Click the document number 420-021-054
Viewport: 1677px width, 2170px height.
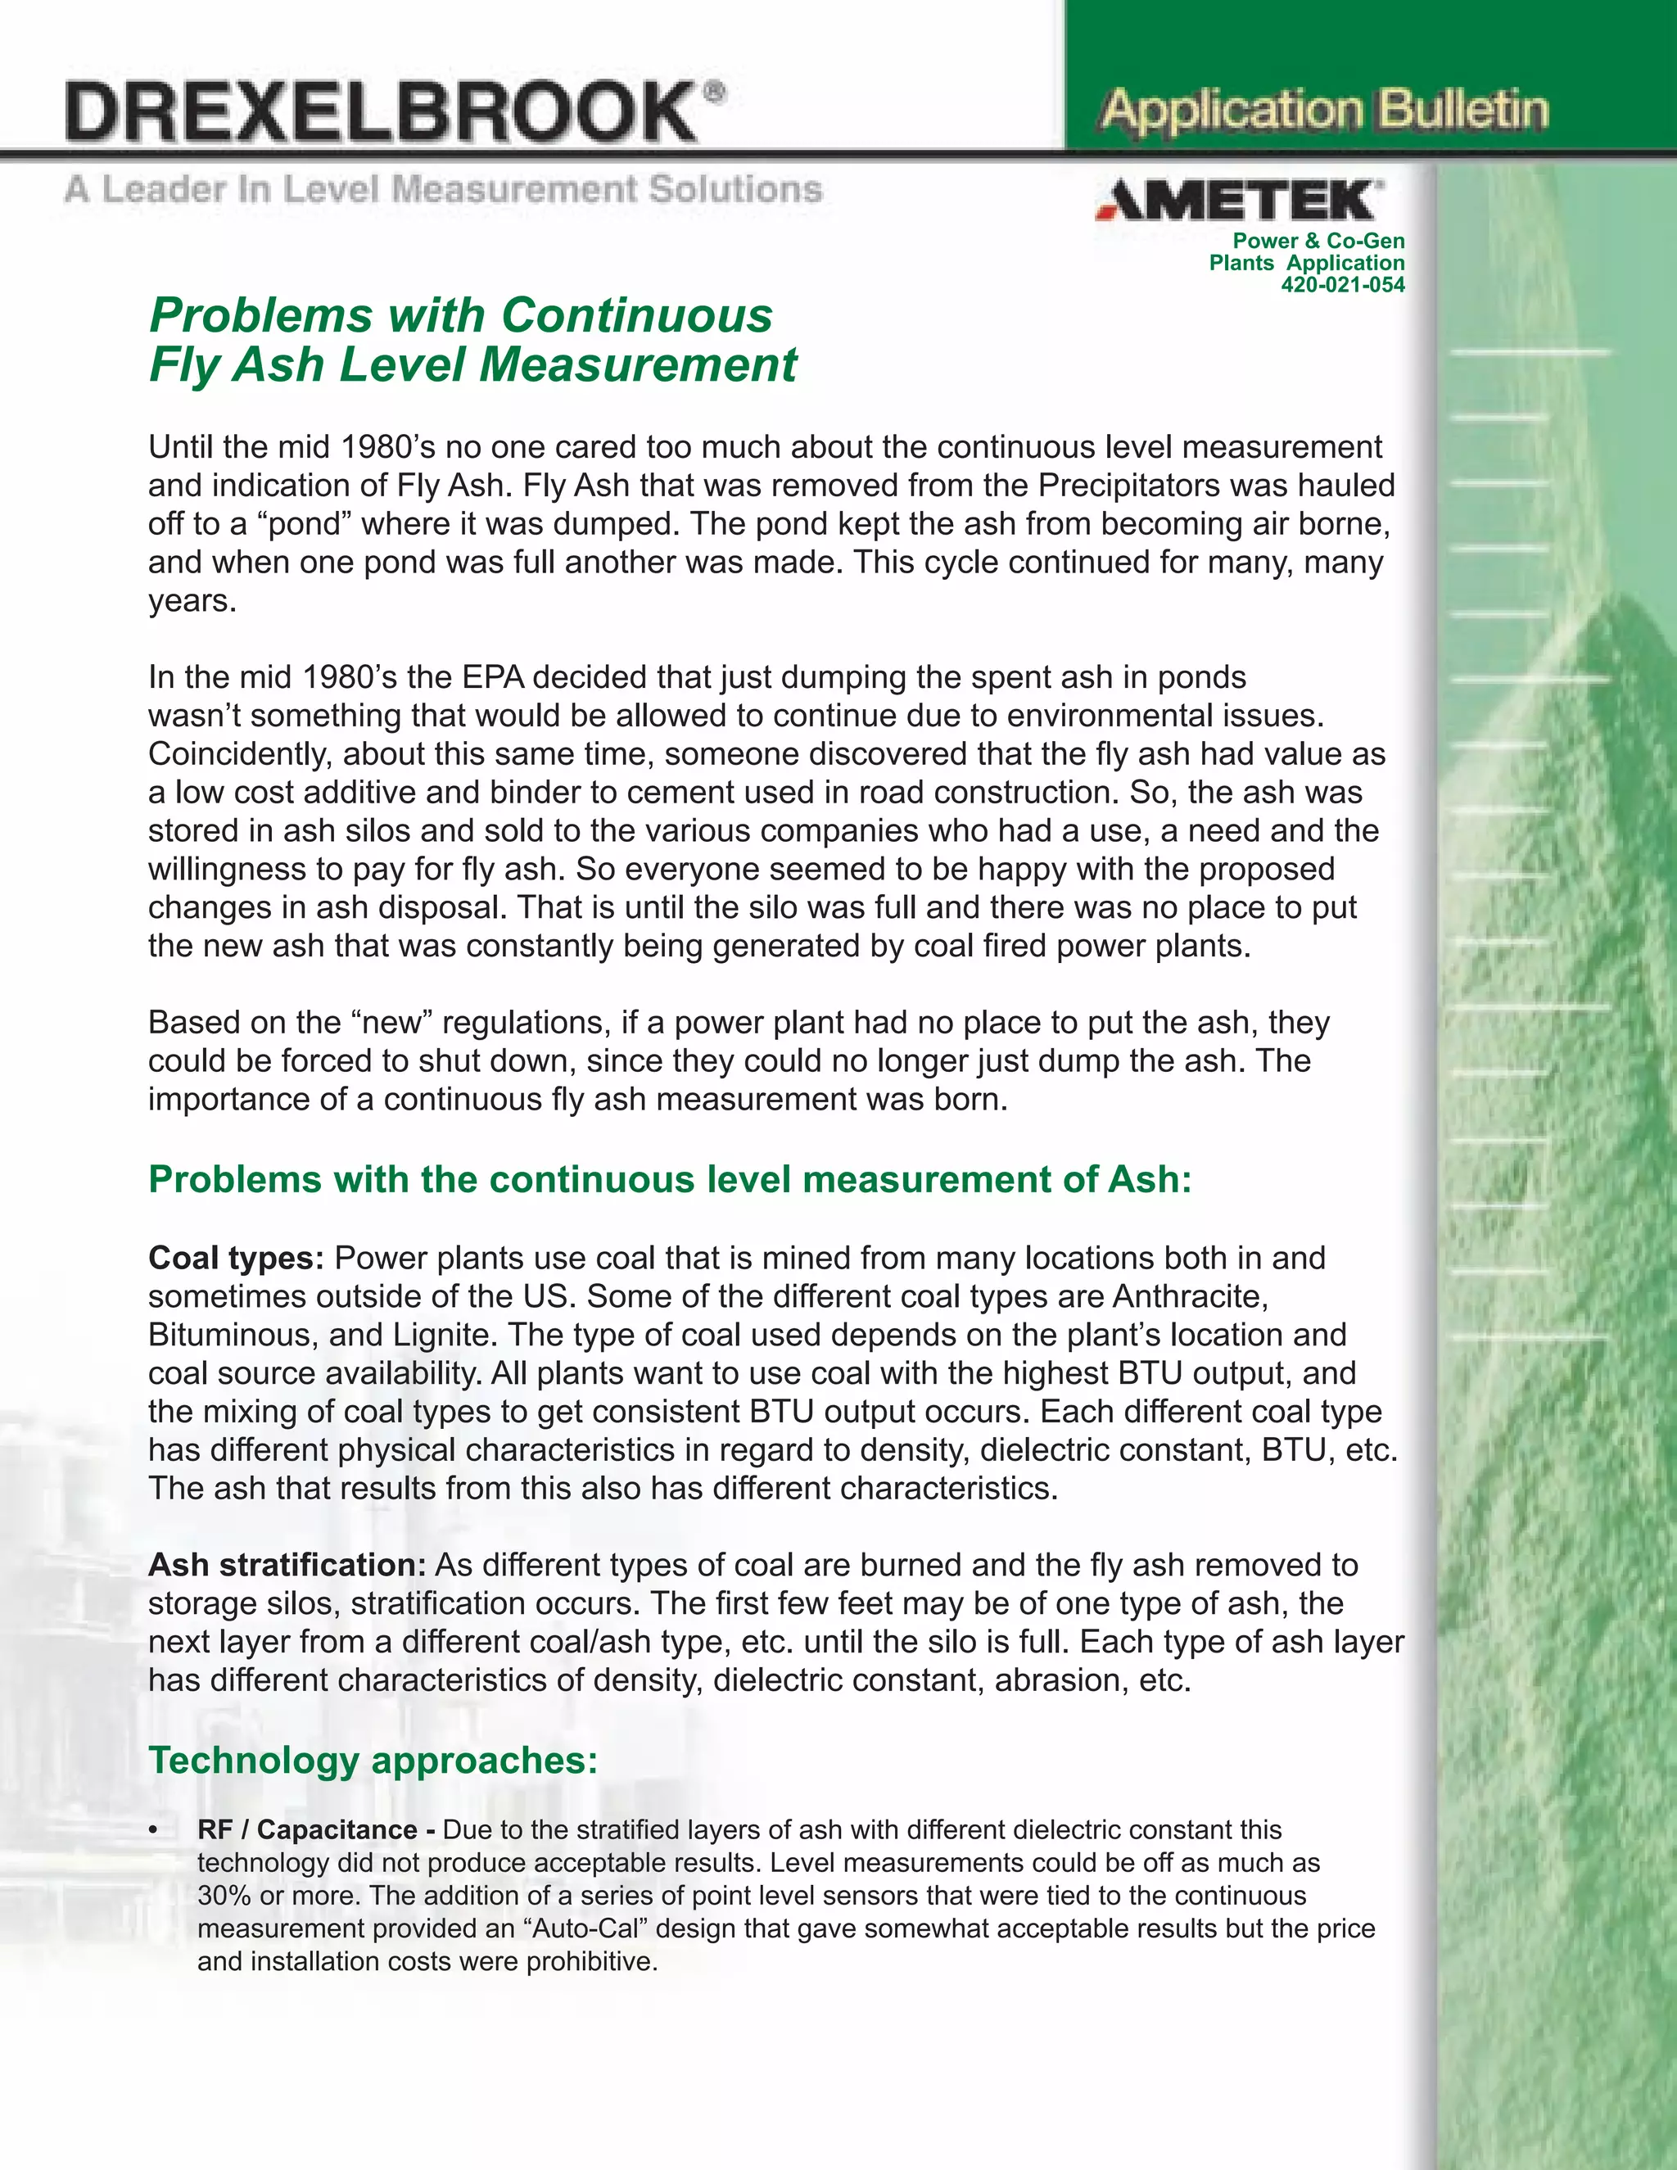pos(1342,285)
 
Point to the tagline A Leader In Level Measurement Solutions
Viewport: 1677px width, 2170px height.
pos(443,189)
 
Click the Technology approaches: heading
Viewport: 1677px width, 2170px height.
pos(373,1760)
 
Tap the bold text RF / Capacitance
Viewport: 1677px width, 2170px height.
pos(307,1830)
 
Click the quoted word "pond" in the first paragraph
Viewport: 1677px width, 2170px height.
pos(296,523)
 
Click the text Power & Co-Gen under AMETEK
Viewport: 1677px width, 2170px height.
pos(1318,242)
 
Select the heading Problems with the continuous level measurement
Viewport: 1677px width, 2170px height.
pos(669,1179)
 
